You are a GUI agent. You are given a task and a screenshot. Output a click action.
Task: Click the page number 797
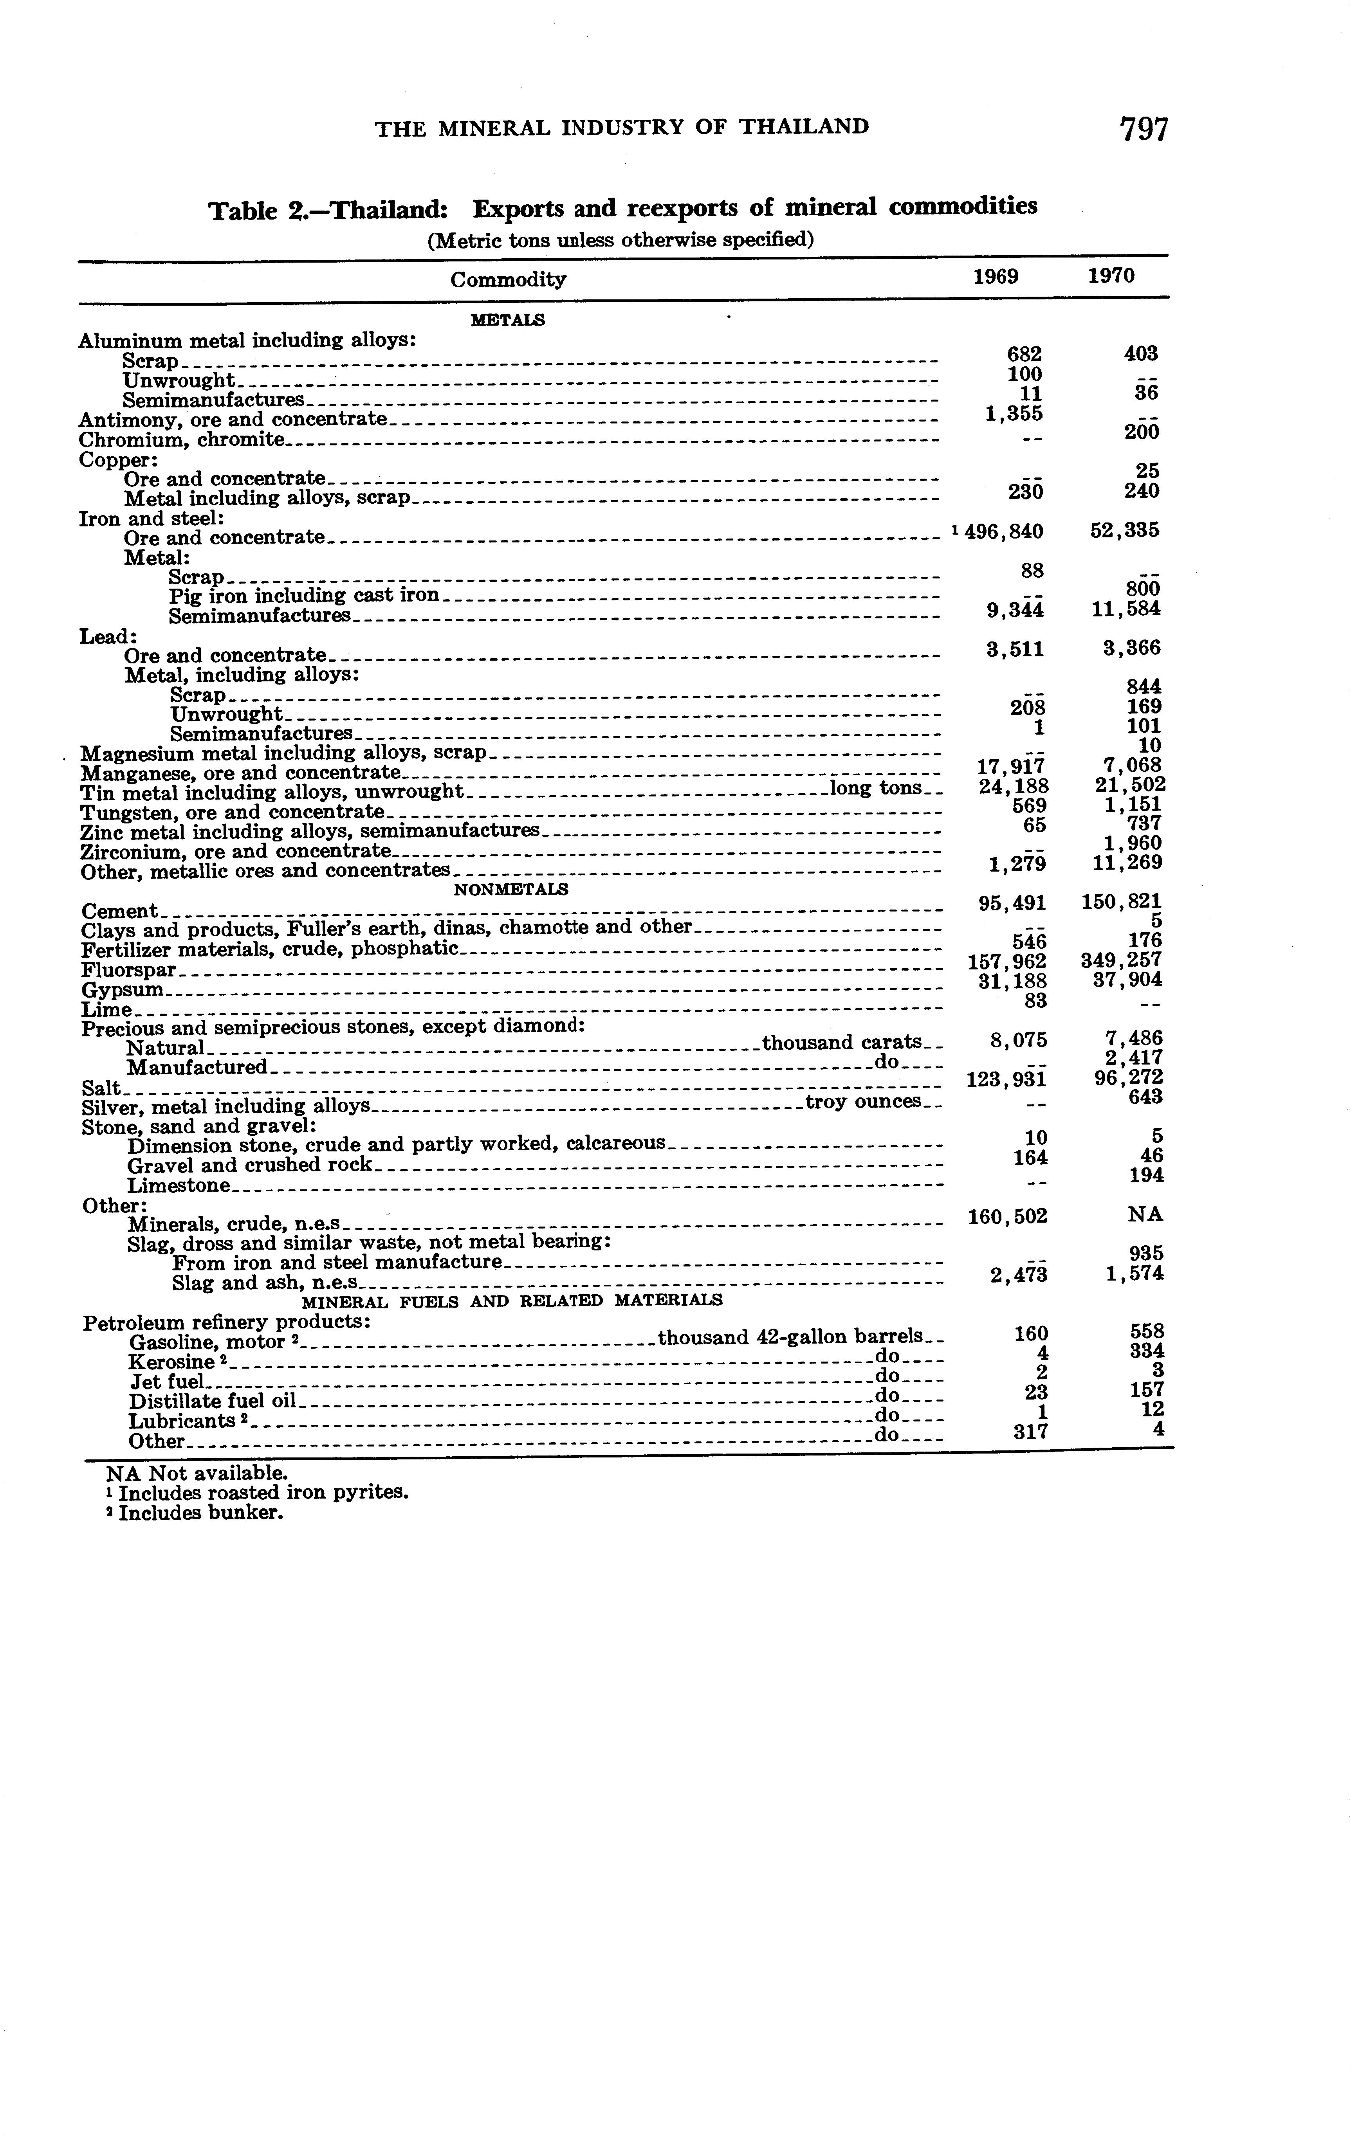[1144, 130]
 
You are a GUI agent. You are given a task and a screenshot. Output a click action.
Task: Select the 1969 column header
[996, 276]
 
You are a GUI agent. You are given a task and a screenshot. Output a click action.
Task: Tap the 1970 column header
[1111, 276]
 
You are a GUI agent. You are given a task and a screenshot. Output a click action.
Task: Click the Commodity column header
[507, 280]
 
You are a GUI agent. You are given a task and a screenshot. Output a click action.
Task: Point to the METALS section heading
[507, 320]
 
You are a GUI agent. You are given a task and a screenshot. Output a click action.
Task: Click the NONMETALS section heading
[511, 888]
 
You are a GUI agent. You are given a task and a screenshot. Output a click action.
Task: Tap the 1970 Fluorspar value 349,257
[1122, 961]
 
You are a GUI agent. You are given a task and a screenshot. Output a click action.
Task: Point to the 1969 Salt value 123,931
[1005, 1080]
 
